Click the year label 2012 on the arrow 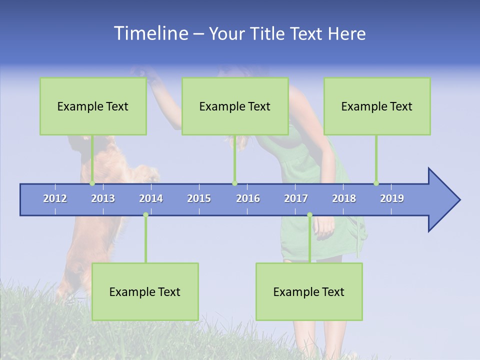tap(55, 198)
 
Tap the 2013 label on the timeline tap(103, 198)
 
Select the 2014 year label tap(151, 198)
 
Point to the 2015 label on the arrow tap(199, 198)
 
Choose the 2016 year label tap(248, 198)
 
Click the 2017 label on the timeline tap(296, 198)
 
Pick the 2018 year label tap(344, 198)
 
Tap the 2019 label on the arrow tap(392, 198)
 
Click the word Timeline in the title tap(150, 33)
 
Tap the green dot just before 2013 tap(92, 183)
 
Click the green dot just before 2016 tap(234, 183)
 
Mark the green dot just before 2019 tap(376, 183)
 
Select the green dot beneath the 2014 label tap(145, 214)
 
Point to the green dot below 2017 tap(309, 214)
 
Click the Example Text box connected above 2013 tap(93, 106)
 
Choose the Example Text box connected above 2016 tap(235, 106)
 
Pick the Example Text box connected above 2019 tap(377, 106)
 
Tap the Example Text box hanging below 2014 tap(145, 291)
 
